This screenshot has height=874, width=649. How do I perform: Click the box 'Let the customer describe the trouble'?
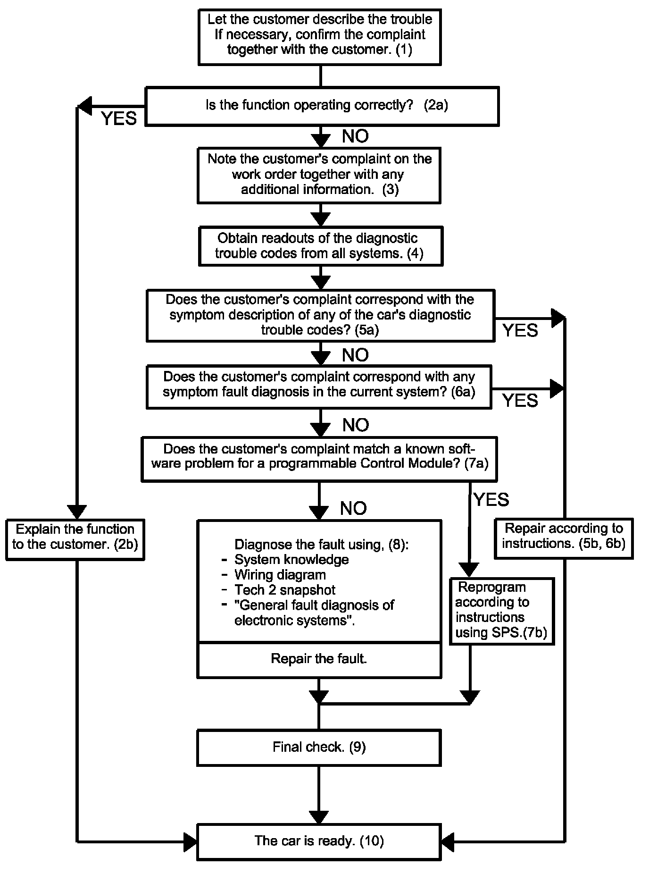click(320, 36)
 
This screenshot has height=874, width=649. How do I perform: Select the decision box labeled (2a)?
click(322, 106)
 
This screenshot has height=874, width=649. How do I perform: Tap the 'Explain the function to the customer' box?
click(75, 539)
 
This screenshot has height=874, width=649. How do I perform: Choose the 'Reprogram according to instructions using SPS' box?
click(501, 611)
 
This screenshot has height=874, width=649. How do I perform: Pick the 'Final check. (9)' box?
click(319, 748)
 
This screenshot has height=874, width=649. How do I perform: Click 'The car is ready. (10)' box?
click(319, 841)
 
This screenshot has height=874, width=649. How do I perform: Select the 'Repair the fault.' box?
click(319, 659)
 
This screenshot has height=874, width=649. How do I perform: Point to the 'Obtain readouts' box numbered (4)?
click(321, 246)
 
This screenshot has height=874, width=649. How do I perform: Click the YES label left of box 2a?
click(119, 118)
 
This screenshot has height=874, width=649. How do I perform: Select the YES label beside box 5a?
click(520, 330)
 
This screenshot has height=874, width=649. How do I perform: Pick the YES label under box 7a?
click(491, 499)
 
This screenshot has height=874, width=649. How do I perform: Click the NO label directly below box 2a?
click(355, 136)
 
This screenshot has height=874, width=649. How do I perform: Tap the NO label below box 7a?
click(353, 508)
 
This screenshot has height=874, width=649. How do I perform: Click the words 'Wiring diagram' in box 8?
click(280, 575)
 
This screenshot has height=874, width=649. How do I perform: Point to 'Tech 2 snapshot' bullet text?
click(285, 590)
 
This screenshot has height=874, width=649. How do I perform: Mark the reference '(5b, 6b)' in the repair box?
click(601, 544)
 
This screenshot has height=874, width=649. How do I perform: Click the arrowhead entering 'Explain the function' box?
click(77, 512)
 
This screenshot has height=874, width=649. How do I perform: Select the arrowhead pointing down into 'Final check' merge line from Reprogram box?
click(470, 698)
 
